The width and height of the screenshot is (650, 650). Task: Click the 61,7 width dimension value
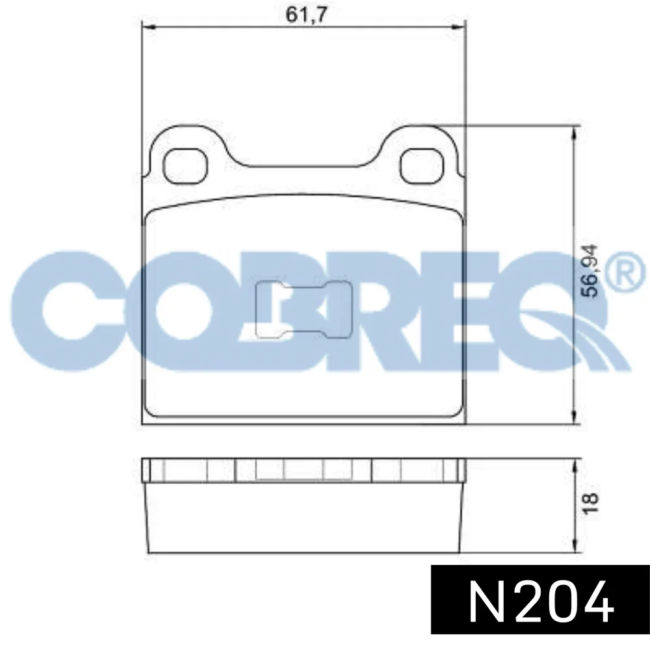(307, 15)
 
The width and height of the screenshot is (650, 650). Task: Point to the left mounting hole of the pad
(185, 166)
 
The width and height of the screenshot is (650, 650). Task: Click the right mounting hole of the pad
(422, 166)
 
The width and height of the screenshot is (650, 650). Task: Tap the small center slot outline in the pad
(304, 309)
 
